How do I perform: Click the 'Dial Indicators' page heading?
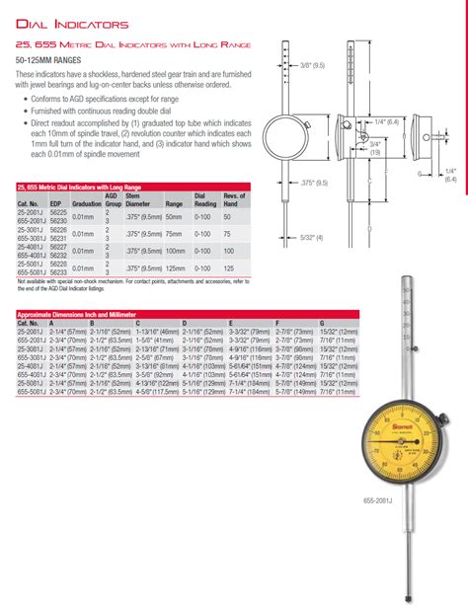coord(74,22)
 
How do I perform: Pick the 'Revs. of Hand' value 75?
coord(227,234)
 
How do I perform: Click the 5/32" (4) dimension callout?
coord(312,237)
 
